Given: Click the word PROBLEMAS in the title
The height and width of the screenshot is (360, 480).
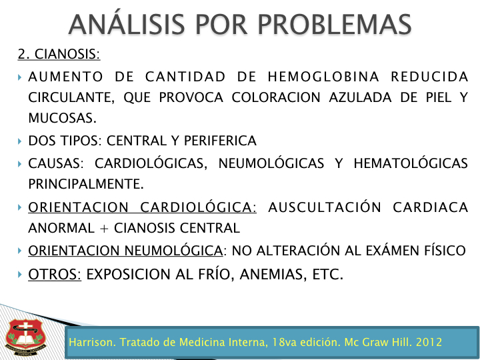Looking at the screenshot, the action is (334, 25).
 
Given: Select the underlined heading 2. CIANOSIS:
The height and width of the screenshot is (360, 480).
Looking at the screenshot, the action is (59, 54).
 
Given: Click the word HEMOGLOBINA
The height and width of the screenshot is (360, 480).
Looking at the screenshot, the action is (323, 77).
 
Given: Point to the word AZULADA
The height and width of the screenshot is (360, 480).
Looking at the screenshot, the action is (360, 97).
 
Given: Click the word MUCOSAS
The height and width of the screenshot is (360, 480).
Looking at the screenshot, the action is (62, 118).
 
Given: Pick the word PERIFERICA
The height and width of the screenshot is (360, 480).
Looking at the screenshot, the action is (220, 141).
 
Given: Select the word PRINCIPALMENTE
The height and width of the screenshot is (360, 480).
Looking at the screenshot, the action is (86, 184).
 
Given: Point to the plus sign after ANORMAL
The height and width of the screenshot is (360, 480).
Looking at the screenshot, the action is (104, 229).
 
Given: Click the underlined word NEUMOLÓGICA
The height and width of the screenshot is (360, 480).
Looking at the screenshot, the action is (173, 250).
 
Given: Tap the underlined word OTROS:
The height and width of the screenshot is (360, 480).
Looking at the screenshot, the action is (55, 274).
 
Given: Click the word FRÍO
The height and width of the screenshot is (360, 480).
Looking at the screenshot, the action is (214, 273).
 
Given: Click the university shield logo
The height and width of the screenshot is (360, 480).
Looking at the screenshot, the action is (26, 337).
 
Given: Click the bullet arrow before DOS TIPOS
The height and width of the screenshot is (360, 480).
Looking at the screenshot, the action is (20, 141).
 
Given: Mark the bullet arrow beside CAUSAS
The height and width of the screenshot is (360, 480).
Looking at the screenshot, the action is (20, 164).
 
